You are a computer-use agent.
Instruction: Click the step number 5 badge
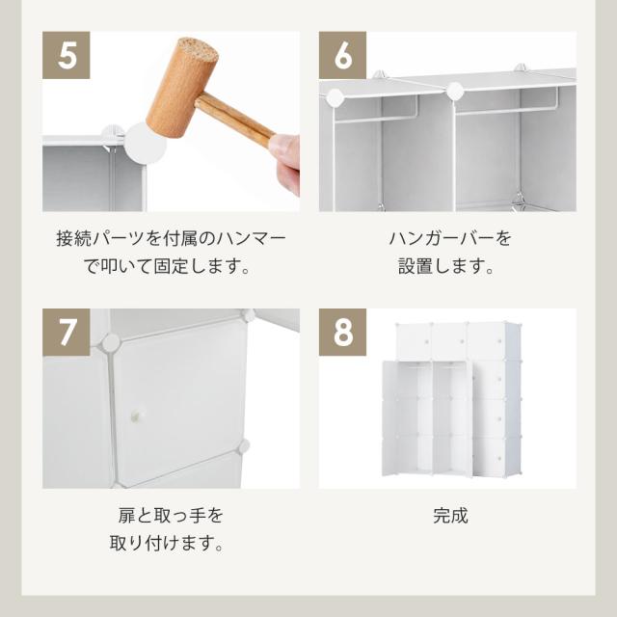pyautogui.click(x=67, y=55)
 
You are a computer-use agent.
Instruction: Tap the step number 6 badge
pyautogui.click(x=342, y=55)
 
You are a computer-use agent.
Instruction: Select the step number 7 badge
pyautogui.click(x=67, y=332)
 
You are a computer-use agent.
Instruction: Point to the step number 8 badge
pyautogui.click(x=342, y=332)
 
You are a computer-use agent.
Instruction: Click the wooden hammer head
pyautogui.click(x=182, y=88)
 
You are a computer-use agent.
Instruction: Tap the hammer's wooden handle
pyautogui.click(x=235, y=121)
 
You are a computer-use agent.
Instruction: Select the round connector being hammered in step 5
pyautogui.click(x=145, y=144)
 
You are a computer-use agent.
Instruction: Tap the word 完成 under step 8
pyautogui.click(x=450, y=516)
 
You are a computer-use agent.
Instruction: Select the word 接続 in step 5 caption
pyautogui.click(x=74, y=239)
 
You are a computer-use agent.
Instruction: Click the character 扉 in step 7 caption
pyautogui.click(x=126, y=516)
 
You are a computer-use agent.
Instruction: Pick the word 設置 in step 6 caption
pyautogui.click(x=416, y=266)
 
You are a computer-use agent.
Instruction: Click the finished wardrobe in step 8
pyautogui.click(x=452, y=399)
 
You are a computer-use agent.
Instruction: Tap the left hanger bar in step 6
pyautogui.click(x=375, y=117)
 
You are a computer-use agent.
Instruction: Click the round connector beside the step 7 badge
pyautogui.click(x=111, y=343)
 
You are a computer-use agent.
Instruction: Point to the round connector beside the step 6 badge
pyautogui.click(x=335, y=97)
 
